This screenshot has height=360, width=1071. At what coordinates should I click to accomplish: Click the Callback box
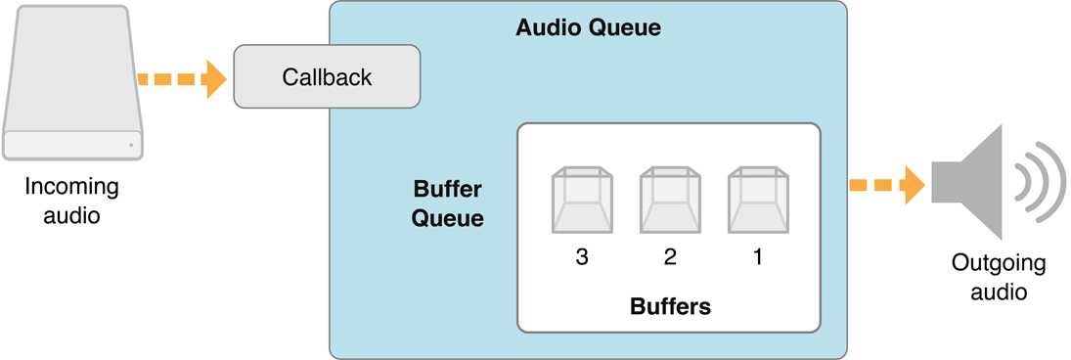(x=327, y=76)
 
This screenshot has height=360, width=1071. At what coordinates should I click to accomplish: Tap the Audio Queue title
(x=588, y=27)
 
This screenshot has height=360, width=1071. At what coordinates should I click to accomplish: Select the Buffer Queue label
(x=447, y=202)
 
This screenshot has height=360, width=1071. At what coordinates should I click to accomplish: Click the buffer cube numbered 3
(x=582, y=200)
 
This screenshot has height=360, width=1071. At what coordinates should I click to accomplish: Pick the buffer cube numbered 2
(x=670, y=200)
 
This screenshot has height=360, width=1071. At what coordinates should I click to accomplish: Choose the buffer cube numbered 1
(x=758, y=200)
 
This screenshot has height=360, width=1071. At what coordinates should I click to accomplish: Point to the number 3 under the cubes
(x=582, y=257)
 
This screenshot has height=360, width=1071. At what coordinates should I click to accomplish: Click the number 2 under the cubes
(x=670, y=257)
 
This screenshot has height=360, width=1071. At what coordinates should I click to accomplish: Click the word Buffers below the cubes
(x=670, y=306)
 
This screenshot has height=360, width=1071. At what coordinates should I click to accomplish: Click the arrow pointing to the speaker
(x=886, y=184)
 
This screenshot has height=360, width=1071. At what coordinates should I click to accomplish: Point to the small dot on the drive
(x=130, y=147)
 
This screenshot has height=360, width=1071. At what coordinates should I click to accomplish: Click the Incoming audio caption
(x=71, y=201)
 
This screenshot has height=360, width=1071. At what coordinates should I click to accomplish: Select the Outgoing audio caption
(x=999, y=277)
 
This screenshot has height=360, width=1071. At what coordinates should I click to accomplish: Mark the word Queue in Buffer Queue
(x=447, y=217)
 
